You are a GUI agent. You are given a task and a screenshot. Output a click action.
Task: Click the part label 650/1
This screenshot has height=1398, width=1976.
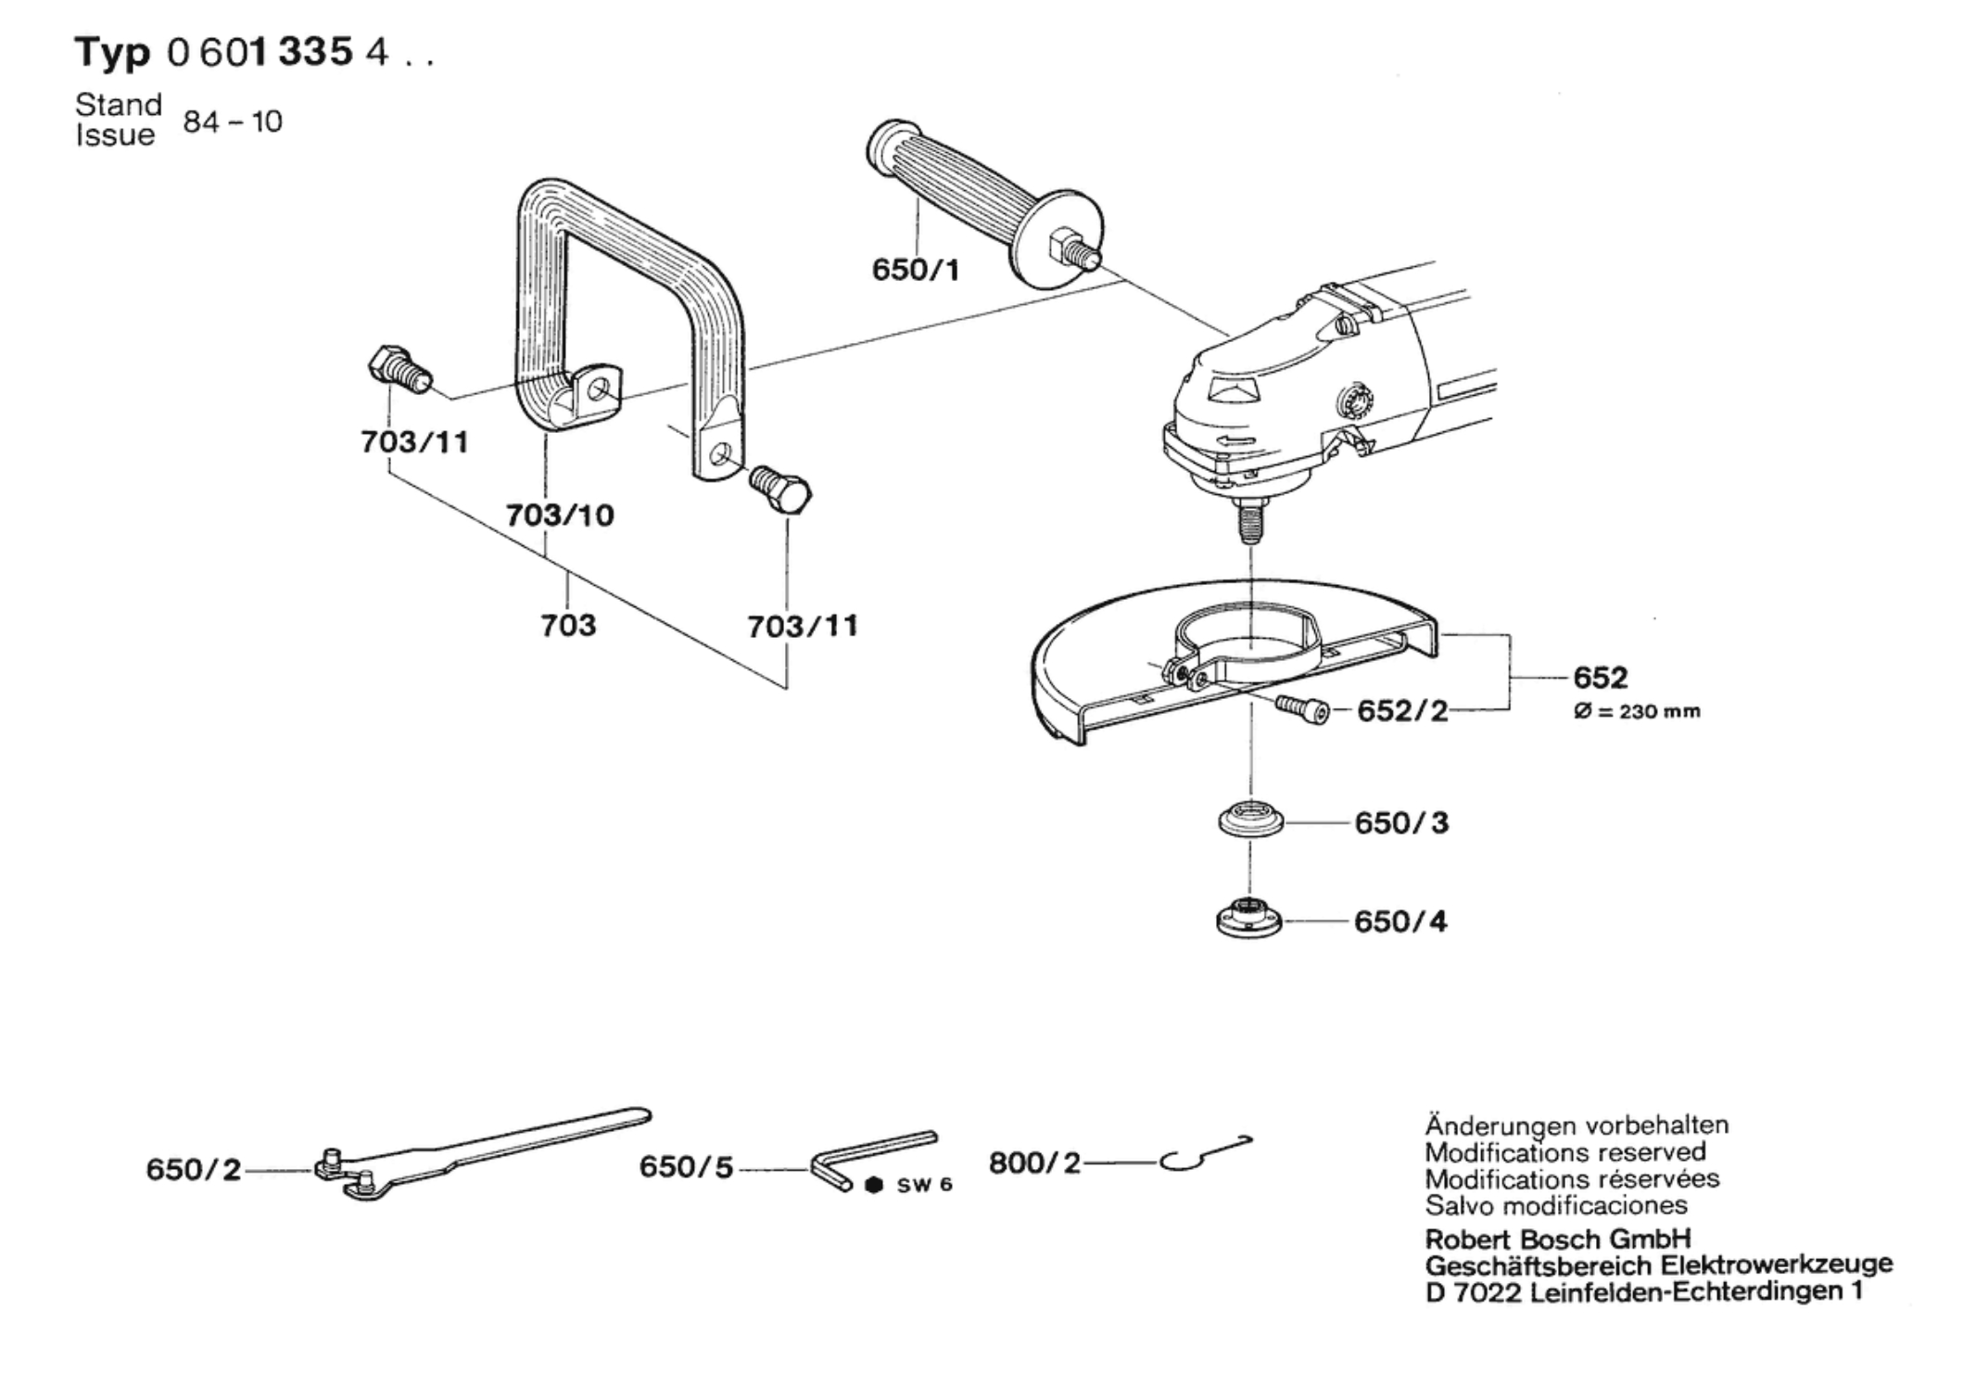[915, 270]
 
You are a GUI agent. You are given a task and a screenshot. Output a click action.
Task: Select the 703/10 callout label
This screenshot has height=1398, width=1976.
[560, 515]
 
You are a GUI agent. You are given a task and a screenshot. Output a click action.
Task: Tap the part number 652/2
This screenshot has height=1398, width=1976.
[1401, 711]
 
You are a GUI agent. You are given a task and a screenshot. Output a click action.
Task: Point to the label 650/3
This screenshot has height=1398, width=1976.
[1400, 822]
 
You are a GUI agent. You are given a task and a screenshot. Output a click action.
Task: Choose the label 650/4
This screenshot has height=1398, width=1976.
[1400, 921]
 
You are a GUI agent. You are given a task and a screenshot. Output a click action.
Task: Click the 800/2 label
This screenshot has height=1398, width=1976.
[1034, 1163]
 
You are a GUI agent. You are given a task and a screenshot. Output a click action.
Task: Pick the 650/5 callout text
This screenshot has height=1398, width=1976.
[686, 1167]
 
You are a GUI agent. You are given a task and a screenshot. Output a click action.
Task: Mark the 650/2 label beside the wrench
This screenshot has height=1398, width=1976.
[193, 1169]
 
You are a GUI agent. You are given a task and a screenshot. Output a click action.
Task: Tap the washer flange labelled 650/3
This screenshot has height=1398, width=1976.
[1250, 820]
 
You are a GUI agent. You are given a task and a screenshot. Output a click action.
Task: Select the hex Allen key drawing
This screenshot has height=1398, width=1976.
[871, 1160]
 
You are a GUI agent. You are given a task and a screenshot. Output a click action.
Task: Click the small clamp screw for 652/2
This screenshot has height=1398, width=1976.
[1301, 708]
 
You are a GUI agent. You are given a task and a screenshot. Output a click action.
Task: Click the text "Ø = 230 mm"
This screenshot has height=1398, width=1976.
[1636, 712]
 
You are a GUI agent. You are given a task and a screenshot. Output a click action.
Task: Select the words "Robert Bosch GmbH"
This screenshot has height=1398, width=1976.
[1557, 1239]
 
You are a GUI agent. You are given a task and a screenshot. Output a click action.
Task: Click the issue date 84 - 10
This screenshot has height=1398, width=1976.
[233, 121]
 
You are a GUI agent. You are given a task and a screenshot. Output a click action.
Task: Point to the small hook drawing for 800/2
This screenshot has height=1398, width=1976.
[1205, 1154]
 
